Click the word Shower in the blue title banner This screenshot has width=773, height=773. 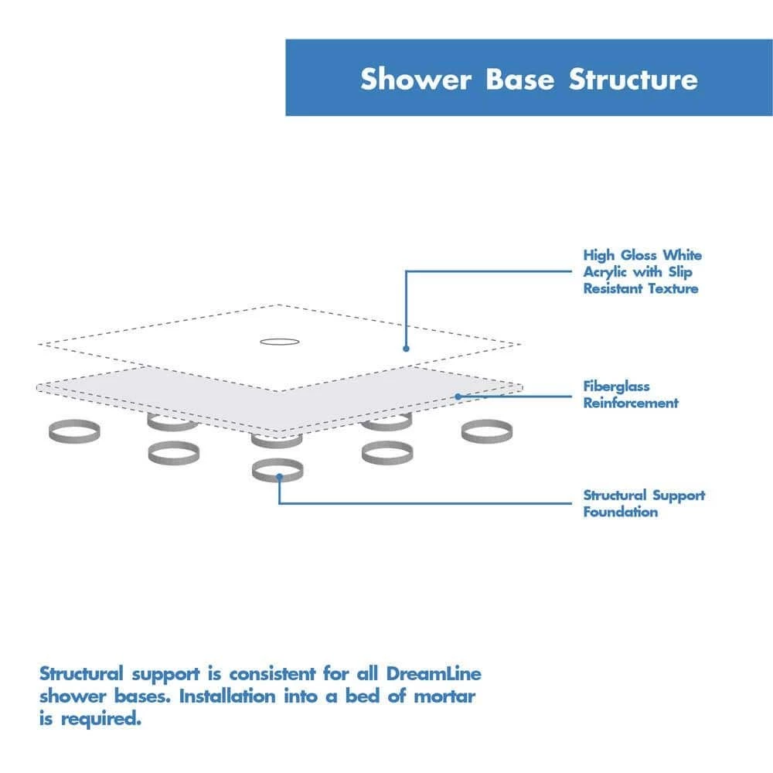(x=415, y=80)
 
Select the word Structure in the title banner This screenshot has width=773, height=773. (x=633, y=80)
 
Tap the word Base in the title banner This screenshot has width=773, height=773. (x=520, y=80)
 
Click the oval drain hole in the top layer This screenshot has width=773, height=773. (x=278, y=340)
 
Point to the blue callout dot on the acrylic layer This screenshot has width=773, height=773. (x=405, y=348)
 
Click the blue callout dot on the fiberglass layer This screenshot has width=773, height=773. (x=458, y=397)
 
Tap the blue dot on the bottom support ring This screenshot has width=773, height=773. (x=278, y=477)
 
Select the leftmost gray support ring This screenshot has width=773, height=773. (x=73, y=431)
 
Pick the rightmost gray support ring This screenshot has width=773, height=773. (x=487, y=431)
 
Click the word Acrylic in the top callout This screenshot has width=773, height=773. (x=606, y=272)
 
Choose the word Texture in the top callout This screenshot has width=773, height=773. (x=673, y=289)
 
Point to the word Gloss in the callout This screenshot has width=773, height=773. (x=638, y=255)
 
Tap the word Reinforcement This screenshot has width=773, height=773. (x=631, y=403)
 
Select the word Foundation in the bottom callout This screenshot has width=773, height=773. (x=621, y=512)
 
